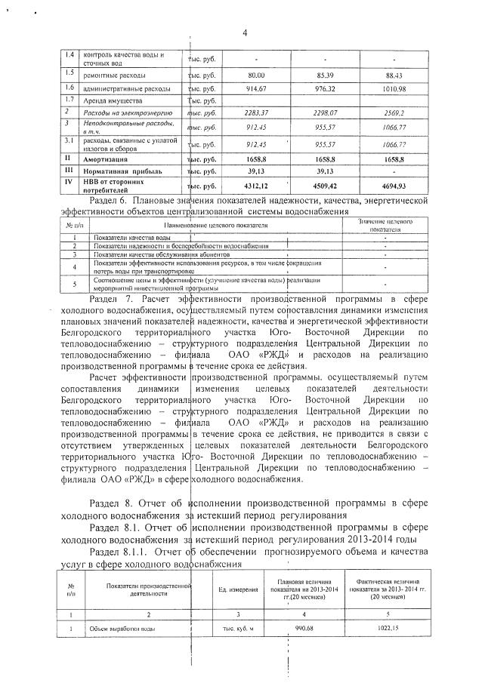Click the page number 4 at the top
point(245,31)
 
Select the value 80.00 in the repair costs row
point(256,75)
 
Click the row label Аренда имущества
point(113,100)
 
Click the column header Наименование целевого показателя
point(214,226)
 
